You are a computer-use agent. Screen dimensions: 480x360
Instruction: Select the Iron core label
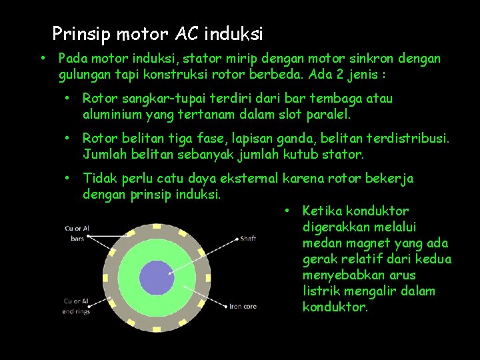(x=243, y=307)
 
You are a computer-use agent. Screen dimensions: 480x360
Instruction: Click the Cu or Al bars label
(x=77, y=233)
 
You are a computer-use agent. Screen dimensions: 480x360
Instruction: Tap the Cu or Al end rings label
(x=77, y=306)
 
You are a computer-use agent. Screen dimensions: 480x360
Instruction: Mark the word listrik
(x=323, y=291)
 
